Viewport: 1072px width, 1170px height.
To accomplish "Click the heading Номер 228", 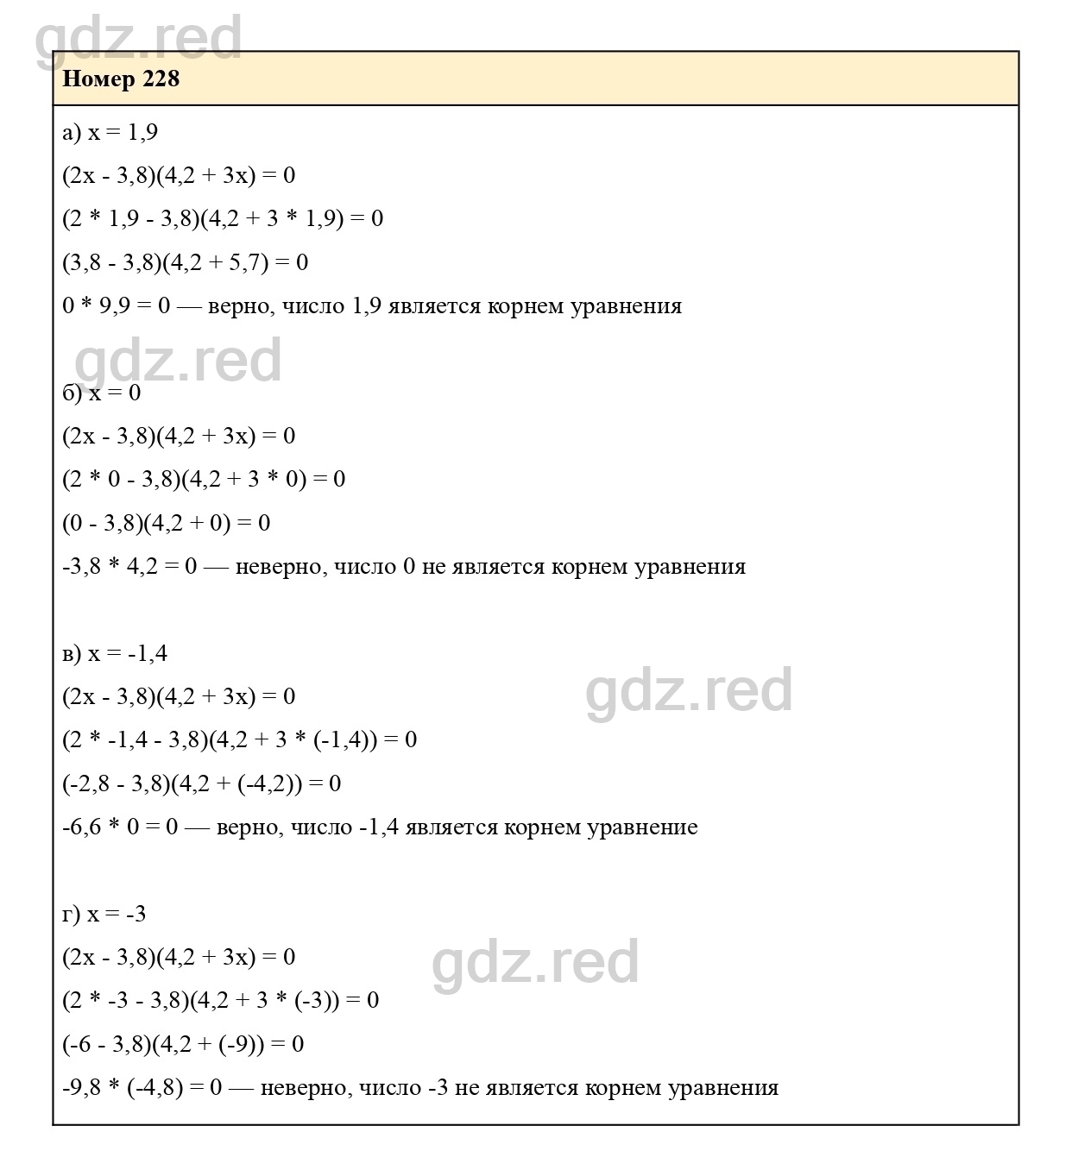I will click(121, 79).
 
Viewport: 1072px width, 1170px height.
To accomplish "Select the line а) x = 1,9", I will click(110, 132).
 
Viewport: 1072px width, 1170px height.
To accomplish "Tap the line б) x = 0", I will click(101, 393).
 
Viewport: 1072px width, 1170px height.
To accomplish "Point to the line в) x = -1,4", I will click(115, 653).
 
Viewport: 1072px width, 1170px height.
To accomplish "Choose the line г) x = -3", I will click(104, 914).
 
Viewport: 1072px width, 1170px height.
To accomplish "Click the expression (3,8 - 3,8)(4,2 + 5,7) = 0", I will click(185, 262).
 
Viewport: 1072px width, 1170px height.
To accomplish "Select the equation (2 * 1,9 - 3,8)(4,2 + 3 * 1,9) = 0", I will click(223, 218).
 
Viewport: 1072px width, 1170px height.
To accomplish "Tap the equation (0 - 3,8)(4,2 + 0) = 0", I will click(166, 523).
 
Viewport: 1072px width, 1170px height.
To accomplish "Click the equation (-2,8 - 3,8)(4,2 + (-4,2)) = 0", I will click(201, 783).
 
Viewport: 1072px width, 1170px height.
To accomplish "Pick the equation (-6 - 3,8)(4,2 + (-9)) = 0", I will click(183, 1044).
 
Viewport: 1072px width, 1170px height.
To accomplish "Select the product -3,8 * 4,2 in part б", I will click(110, 567).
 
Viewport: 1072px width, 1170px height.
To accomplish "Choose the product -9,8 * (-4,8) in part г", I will click(123, 1088).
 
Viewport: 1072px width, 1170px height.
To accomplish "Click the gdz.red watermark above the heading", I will click(138, 39).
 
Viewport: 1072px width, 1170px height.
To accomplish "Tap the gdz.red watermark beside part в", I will click(689, 691).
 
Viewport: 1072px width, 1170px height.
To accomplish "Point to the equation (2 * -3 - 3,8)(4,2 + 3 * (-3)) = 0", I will click(220, 1001).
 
